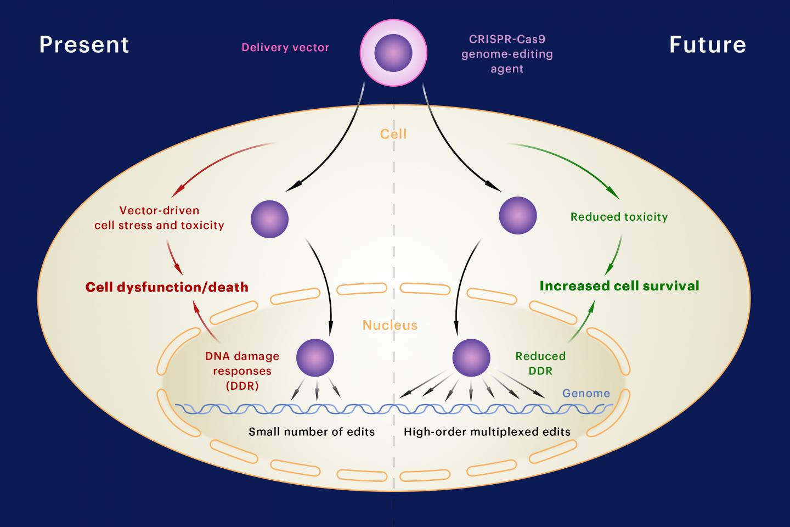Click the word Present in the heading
pyautogui.click(x=84, y=44)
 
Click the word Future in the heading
pyautogui.click(x=707, y=44)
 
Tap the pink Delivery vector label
pyautogui.click(x=285, y=48)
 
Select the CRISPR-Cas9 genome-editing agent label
pyautogui.click(x=506, y=54)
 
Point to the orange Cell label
pyautogui.click(x=393, y=134)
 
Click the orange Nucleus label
pyautogui.click(x=390, y=326)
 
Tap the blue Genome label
pyautogui.click(x=586, y=393)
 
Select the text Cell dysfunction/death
pyautogui.click(x=167, y=287)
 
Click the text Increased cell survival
pyautogui.click(x=619, y=286)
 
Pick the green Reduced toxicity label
pyautogui.click(x=619, y=217)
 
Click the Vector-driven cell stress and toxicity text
pyautogui.click(x=159, y=217)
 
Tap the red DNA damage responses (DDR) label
pyautogui.click(x=242, y=371)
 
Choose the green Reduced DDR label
pyautogui.click(x=540, y=363)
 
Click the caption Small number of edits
pyautogui.click(x=312, y=431)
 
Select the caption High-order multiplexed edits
pyautogui.click(x=487, y=431)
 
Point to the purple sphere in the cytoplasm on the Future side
pyautogui.click(x=517, y=215)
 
